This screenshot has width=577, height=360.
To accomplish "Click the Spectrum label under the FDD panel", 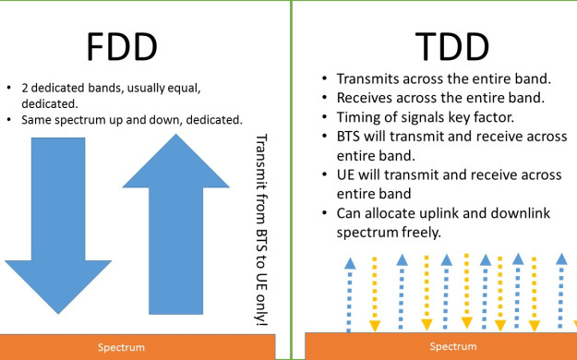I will tap(121, 347).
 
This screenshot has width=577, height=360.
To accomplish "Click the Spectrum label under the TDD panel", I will tap(452, 346).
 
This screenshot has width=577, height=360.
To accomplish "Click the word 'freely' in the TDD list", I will tap(417, 233).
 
